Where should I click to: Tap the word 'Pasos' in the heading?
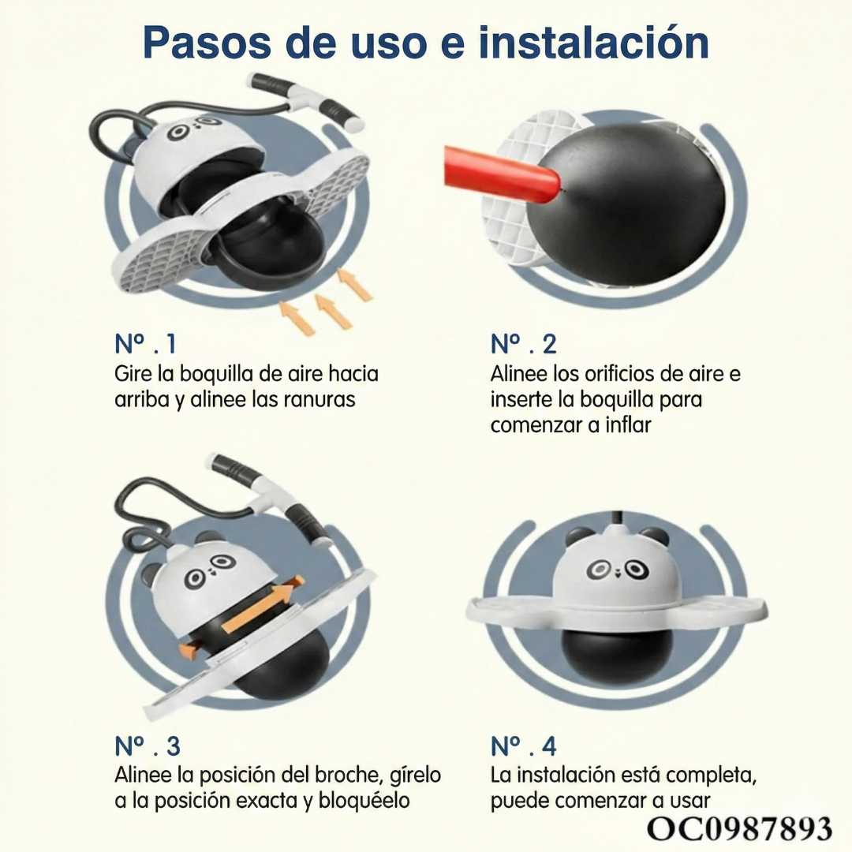(x=206, y=43)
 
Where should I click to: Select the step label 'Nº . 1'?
(x=146, y=344)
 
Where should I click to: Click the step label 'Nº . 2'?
(x=523, y=344)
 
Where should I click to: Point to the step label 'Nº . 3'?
(x=148, y=746)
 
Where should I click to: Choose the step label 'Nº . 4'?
(x=524, y=746)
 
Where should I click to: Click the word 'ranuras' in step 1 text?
(x=319, y=400)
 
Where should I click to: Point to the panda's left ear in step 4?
(x=577, y=536)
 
